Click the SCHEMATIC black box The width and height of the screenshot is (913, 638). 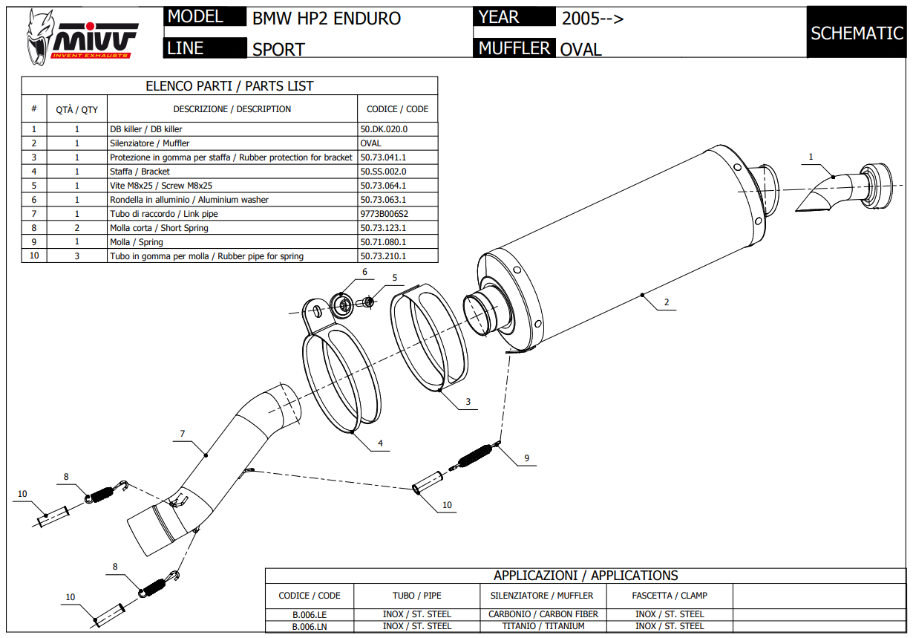coord(856,33)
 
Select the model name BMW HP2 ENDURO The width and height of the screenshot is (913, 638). coord(327,19)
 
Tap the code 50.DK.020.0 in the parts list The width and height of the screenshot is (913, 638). coord(384,129)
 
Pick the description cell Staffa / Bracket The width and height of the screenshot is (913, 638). coord(140,172)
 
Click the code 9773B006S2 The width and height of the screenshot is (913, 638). coord(384,214)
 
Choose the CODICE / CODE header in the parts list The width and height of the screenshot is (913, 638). coord(397,109)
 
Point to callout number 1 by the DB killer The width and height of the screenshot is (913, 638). coord(811,157)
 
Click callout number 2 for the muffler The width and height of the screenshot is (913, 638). coord(667,302)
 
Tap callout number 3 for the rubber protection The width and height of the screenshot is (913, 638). coord(468,402)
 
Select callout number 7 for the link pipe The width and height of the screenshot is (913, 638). coord(182,433)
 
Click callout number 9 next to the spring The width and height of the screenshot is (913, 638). coord(526,458)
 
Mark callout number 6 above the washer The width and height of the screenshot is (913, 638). coord(364,273)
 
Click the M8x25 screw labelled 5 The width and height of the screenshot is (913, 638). coord(369,302)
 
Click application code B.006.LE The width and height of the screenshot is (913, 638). coord(310,614)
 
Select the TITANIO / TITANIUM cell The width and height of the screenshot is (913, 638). coord(544,626)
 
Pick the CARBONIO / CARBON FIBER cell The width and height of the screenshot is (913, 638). coord(544,614)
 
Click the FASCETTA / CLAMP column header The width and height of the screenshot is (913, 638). coord(670,596)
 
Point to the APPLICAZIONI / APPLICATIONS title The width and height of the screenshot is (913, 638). coord(586,576)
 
